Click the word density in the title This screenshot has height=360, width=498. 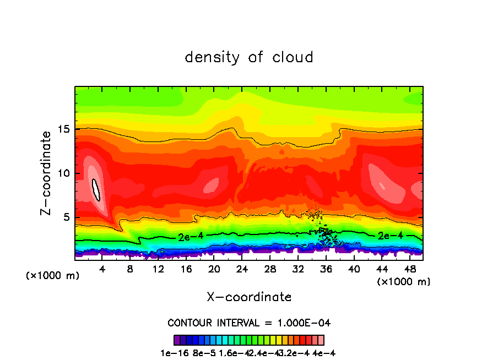213,57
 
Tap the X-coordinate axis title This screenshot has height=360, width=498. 249,297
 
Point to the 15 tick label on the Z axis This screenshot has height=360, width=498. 63,129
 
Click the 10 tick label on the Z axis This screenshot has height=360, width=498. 63,173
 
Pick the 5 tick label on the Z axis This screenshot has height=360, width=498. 66,217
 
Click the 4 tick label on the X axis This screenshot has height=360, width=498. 103,269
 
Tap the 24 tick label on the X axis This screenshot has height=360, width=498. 242,269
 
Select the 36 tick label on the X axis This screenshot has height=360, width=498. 326,269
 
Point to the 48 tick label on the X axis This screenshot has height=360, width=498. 409,269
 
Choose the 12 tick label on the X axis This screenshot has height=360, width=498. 158,269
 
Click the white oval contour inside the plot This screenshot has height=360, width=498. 96,190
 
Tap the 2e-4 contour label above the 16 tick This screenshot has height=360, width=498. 191,237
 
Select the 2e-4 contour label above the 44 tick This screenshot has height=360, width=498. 389,235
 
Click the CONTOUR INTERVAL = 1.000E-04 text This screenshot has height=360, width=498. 249,323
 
